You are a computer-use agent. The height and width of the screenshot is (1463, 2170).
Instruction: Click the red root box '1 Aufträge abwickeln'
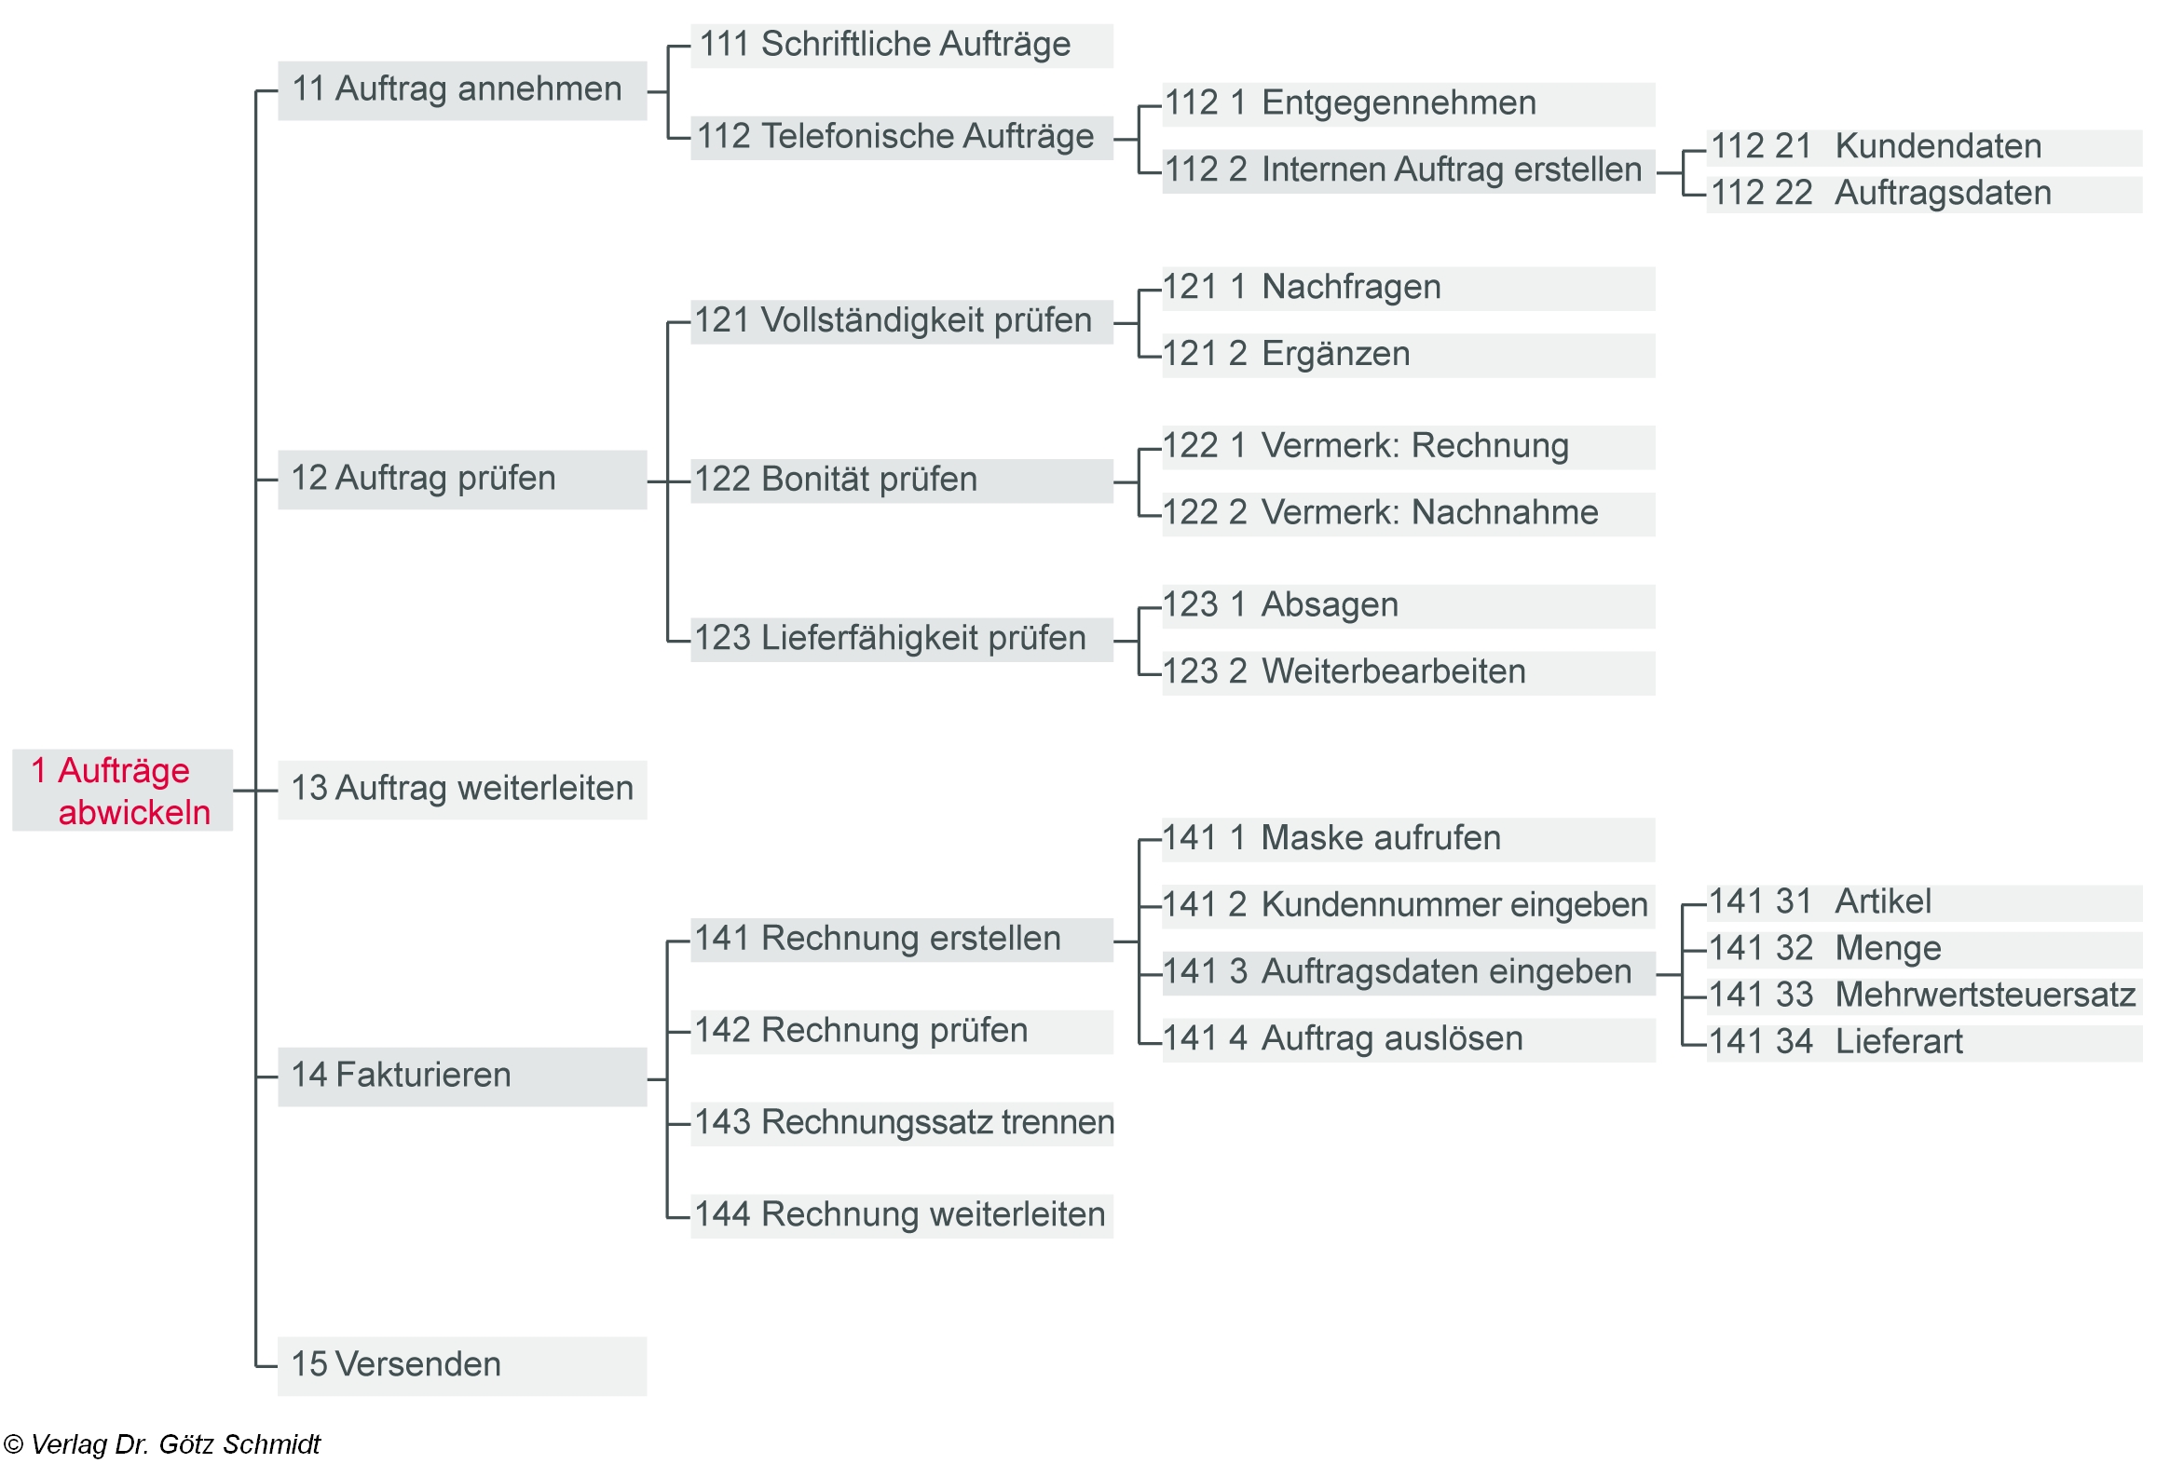click(122, 791)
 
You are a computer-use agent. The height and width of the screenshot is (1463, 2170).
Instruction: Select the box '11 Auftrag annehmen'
click(462, 90)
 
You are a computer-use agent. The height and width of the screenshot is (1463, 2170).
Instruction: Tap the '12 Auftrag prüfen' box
click(462, 480)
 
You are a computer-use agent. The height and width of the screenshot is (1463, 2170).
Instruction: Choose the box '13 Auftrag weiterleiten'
click(462, 790)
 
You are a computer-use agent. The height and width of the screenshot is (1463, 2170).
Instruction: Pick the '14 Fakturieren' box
click(462, 1076)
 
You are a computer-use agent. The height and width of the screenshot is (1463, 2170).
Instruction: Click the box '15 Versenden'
click(462, 1365)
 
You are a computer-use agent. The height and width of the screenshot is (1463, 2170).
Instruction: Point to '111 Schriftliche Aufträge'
click(901, 46)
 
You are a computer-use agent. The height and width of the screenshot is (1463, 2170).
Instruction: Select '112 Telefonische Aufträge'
click(901, 137)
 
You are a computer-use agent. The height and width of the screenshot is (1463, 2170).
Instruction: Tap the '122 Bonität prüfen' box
click(901, 481)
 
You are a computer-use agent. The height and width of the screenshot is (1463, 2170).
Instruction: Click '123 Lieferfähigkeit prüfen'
click(901, 639)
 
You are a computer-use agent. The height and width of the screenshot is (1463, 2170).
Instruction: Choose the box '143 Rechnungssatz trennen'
click(903, 1122)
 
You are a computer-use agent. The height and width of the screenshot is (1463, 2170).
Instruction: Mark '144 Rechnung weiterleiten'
click(901, 1214)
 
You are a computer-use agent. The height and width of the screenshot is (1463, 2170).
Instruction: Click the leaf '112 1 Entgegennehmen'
click(1408, 103)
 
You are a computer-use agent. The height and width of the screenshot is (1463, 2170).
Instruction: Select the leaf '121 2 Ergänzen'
click(1408, 355)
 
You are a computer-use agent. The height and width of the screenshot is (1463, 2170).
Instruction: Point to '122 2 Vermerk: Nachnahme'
click(1408, 513)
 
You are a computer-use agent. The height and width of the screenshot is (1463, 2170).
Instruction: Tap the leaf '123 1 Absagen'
click(1408, 605)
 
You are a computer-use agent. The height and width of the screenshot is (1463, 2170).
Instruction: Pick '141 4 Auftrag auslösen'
click(1408, 1038)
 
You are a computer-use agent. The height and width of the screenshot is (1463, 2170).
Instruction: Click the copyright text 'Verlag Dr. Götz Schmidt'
click(163, 1444)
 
